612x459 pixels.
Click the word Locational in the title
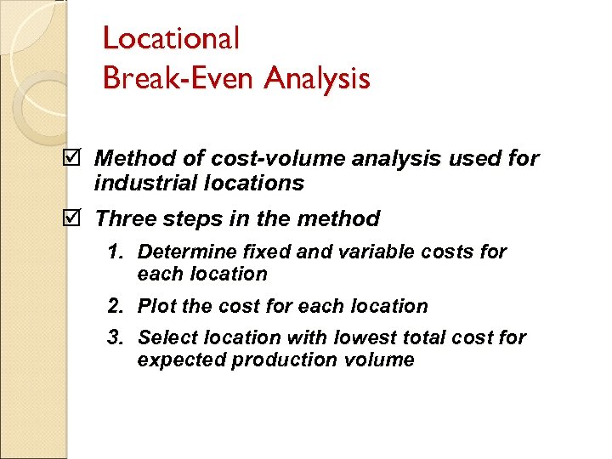click(x=171, y=38)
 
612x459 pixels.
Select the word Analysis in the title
click(x=317, y=79)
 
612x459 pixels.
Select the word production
click(x=268, y=360)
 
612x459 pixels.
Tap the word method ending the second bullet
click(x=339, y=219)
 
